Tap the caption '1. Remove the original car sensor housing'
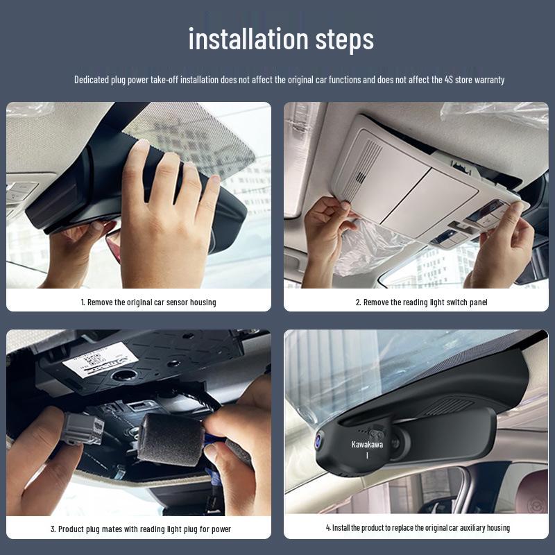(x=148, y=302)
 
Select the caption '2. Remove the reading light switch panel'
(x=421, y=302)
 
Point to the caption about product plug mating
(x=140, y=529)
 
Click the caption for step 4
(x=418, y=528)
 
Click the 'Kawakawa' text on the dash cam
(x=367, y=444)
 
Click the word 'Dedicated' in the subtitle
(x=92, y=80)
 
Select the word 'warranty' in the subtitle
(x=488, y=80)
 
